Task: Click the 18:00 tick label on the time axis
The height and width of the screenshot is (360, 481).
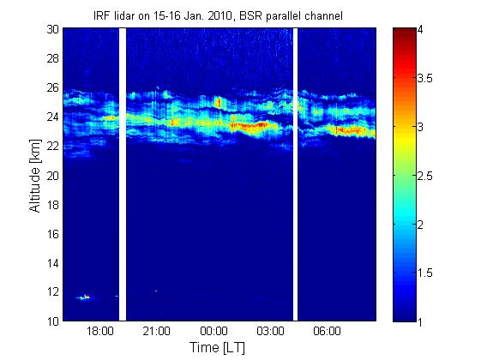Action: click(x=100, y=332)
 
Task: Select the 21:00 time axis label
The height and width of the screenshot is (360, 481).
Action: click(x=156, y=332)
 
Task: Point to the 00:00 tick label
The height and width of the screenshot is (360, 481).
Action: click(x=213, y=332)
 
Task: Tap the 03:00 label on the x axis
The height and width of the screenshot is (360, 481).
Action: click(x=271, y=332)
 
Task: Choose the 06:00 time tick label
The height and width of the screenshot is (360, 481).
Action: click(x=327, y=332)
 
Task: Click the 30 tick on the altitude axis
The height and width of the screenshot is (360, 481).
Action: click(x=53, y=29)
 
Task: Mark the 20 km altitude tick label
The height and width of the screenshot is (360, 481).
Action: click(x=53, y=176)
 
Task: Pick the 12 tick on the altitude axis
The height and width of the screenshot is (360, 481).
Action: click(x=53, y=291)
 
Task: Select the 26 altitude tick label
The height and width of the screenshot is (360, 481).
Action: click(x=53, y=87)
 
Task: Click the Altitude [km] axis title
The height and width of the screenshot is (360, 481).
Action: click(x=35, y=176)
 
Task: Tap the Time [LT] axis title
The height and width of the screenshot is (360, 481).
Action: click(x=217, y=348)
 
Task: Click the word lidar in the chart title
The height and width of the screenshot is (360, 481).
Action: click(x=124, y=15)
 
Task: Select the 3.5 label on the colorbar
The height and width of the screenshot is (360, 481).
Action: click(x=425, y=79)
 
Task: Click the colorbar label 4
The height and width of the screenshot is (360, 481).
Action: click(x=420, y=30)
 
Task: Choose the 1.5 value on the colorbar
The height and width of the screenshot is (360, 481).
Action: click(x=425, y=273)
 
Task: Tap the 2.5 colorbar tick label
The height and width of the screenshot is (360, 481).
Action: click(x=425, y=176)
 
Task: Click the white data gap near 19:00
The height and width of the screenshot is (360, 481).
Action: click(x=123, y=175)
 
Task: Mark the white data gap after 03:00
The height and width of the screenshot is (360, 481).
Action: click(x=296, y=175)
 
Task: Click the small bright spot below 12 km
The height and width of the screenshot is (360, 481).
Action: click(x=85, y=297)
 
